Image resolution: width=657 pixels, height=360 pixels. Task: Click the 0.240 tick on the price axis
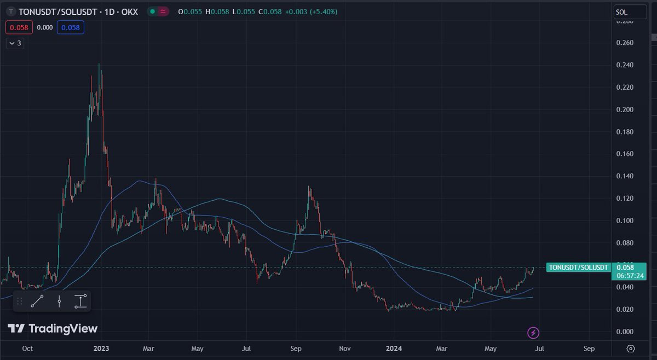point(624,65)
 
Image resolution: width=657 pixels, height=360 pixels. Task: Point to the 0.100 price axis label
point(624,220)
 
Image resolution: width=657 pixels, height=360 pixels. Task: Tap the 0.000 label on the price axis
point(624,332)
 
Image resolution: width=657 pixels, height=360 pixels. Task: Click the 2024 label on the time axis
point(394,348)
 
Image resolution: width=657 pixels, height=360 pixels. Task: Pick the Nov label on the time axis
point(344,348)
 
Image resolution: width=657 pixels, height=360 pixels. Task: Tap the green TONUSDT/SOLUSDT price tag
point(579,267)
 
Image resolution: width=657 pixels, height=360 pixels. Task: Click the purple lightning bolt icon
point(533,332)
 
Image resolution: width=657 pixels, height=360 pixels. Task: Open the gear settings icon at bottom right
point(631,349)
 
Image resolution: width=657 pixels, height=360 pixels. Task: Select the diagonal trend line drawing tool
point(38,301)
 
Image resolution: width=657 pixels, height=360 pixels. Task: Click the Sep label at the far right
point(589,348)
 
